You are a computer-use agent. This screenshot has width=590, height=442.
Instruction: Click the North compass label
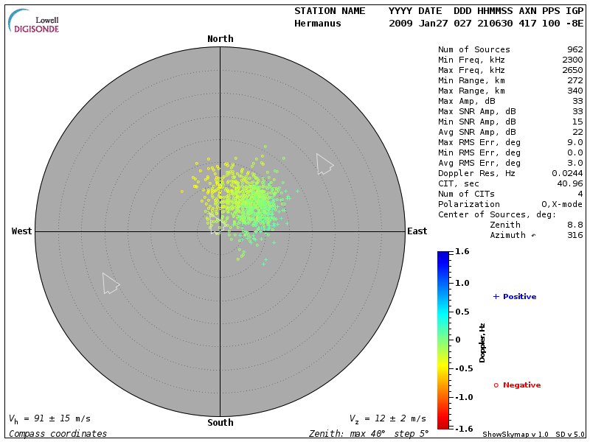tap(220, 39)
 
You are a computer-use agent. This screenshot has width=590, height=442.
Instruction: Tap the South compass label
tap(220, 423)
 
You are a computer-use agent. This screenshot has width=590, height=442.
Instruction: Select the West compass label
tap(21, 231)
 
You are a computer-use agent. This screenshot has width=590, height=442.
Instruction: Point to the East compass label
tap(417, 231)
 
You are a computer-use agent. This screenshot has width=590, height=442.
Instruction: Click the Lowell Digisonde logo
tap(34, 22)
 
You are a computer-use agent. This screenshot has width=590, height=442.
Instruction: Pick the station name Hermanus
tap(319, 24)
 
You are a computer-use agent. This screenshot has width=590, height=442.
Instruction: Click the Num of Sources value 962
tap(575, 50)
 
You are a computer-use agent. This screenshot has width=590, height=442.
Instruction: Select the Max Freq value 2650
tap(572, 71)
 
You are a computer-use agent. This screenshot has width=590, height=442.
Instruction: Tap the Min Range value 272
tap(575, 81)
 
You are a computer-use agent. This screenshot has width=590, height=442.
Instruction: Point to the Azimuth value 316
tap(575, 236)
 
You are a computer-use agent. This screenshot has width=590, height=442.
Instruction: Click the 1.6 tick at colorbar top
tap(462, 252)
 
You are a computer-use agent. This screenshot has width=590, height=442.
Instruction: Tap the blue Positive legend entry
tap(515, 297)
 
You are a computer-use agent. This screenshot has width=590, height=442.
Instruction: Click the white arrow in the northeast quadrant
tap(324, 164)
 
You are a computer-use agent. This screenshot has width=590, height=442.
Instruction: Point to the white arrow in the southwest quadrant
tap(110, 283)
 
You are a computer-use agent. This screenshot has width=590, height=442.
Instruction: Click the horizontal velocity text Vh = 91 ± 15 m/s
tap(50, 418)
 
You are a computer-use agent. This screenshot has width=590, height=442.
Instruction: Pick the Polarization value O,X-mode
tap(562, 205)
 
